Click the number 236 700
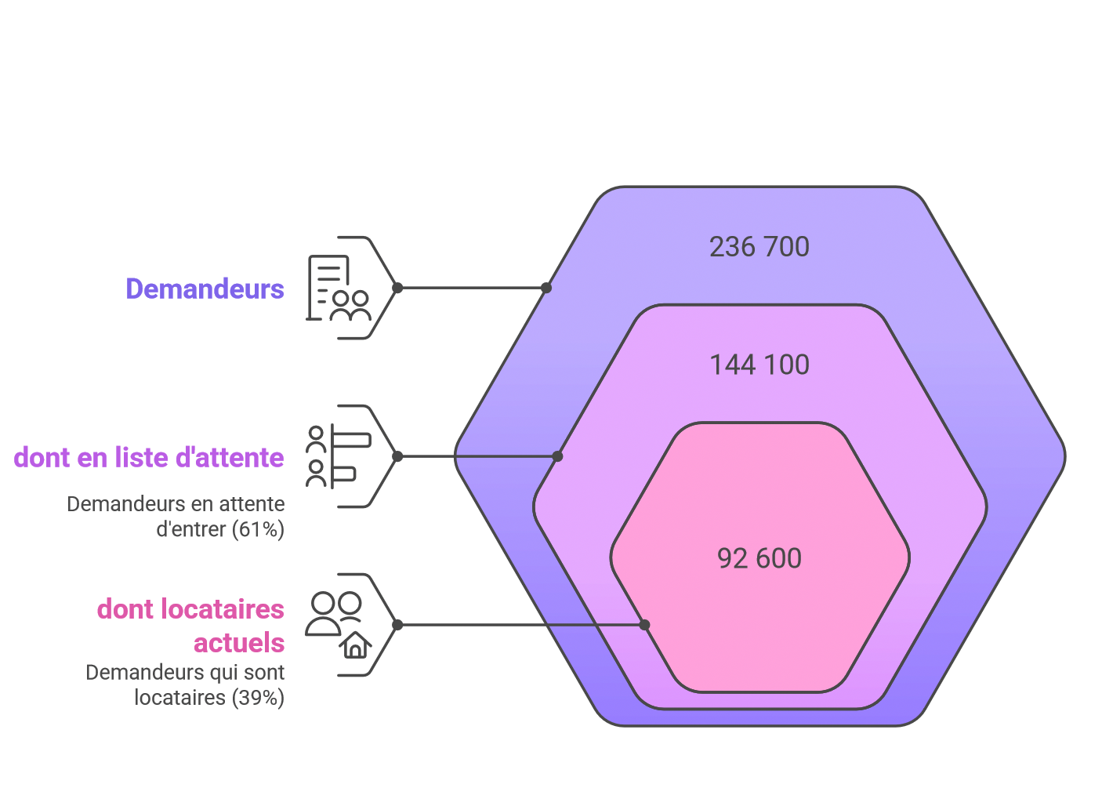click(x=759, y=247)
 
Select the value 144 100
click(x=759, y=365)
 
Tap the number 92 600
click(x=759, y=558)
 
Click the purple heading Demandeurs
click(x=205, y=289)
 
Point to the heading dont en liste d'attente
click(x=149, y=457)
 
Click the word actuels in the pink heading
click(x=239, y=642)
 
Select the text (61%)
click(x=259, y=530)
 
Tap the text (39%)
click(x=259, y=698)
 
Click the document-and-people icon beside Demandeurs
click(x=339, y=288)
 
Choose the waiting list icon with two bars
click(x=339, y=456)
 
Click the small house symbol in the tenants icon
click(x=355, y=645)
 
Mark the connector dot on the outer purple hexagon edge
click(x=546, y=288)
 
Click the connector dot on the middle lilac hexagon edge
click(x=557, y=456)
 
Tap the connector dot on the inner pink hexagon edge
click(x=644, y=625)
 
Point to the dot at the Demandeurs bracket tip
click(x=397, y=288)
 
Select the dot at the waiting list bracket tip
click(x=397, y=456)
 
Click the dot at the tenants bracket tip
click(x=397, y=625)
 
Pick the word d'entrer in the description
click(x=191, y=530)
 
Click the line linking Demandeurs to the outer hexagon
click(x=472, y=288)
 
